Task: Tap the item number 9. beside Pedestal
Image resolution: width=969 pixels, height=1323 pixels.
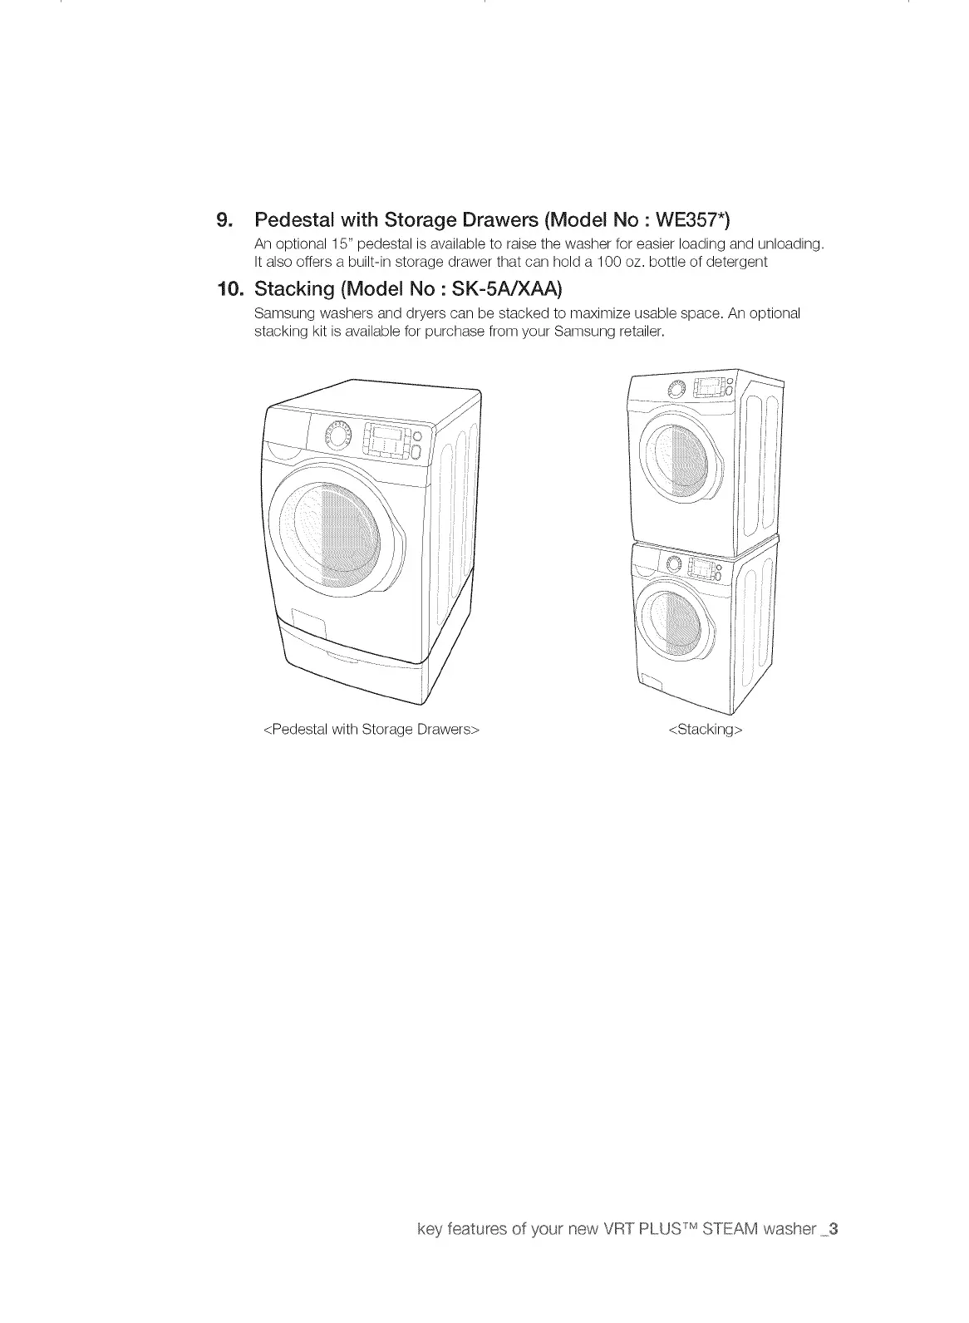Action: click(x=224, y=220)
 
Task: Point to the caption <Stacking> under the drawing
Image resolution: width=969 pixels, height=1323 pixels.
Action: click(x=705, y=730)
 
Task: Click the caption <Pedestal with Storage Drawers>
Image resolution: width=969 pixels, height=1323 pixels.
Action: click(x=371, y=730)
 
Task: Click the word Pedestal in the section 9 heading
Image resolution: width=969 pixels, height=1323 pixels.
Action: click(x=286, y=219)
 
